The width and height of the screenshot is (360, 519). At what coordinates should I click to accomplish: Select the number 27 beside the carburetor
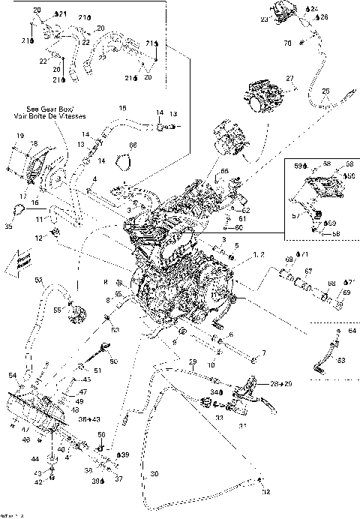tap(289, 79)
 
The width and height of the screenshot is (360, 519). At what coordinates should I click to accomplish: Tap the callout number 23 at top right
tap(264, 21)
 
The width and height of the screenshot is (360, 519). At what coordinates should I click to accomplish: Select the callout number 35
tap(9, 224)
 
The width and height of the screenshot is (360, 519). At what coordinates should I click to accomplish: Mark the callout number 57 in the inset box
tap(295, 214)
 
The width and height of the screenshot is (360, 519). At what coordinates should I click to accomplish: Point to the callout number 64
tap(352, 330)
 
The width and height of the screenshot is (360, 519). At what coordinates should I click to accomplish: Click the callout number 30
tap(155, 474)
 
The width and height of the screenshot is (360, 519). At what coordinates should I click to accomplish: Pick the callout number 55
tap(57, 309)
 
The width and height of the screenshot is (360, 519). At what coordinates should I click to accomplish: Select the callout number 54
tap(12, 374)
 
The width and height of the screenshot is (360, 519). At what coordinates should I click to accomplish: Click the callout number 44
tap(34, 457)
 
